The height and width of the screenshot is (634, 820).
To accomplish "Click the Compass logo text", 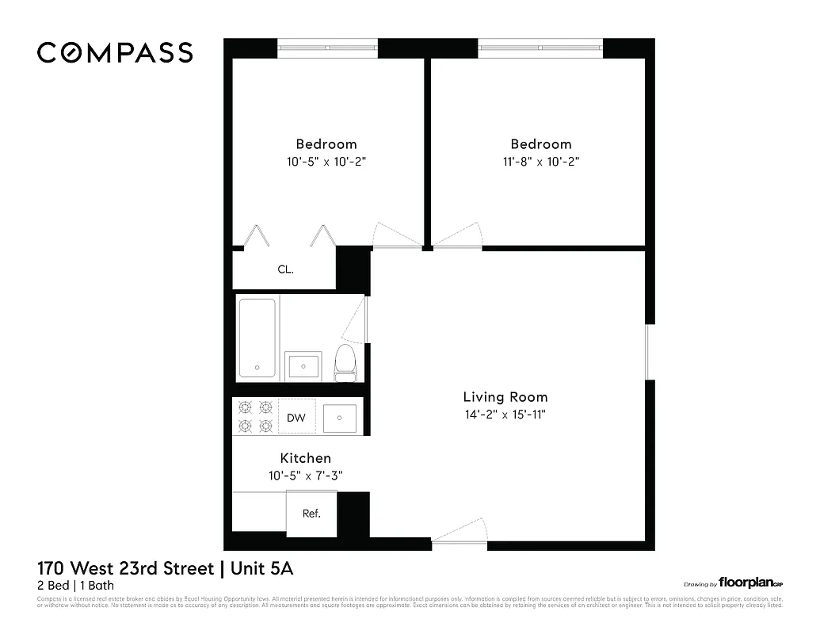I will coord(115,53).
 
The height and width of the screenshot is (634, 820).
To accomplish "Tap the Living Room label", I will coord(505,397).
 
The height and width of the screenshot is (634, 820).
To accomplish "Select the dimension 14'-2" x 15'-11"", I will coord(505,414).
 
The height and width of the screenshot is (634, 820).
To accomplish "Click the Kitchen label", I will coord(305,458).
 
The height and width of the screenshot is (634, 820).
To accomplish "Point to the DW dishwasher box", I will coord(296,418).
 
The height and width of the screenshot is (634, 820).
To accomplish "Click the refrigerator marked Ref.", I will coord(311,514).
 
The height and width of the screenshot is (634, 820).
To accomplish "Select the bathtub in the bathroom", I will coord(257,338).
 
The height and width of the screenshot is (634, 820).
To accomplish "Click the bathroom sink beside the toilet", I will coord(303,365).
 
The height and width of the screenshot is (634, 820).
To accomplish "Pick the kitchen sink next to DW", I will coord(340,418).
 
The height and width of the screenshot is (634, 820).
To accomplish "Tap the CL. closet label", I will coord(285,269).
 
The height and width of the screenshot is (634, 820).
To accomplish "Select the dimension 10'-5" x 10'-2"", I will coord(326,162).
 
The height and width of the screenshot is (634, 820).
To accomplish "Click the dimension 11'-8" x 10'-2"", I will coord(541,162).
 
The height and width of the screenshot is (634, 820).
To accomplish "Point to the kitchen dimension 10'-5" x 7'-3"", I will coord(305,475).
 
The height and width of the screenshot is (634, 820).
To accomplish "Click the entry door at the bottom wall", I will coord(460,533).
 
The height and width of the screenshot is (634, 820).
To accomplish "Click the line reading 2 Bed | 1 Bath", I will coord(76,586).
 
